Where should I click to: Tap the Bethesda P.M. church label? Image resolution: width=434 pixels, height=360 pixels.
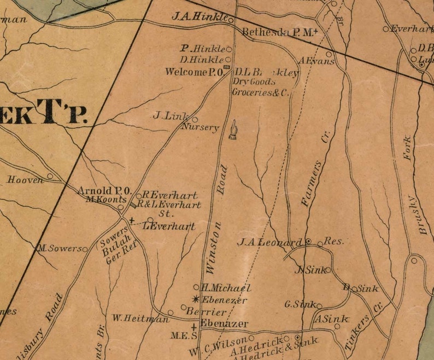(278, 33)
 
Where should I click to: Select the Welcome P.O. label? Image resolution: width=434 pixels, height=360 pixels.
(192, 72)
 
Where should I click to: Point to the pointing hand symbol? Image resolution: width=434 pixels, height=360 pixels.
(233, 130)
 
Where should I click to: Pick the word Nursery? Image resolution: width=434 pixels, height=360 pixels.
(200, 127)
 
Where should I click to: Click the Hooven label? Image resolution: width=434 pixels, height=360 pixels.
(25, 179)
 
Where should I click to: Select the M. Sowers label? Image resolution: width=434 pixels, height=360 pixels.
(60, 248)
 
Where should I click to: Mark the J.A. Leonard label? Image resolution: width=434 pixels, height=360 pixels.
(269, 242)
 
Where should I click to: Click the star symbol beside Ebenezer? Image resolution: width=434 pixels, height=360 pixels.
(196, 299)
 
